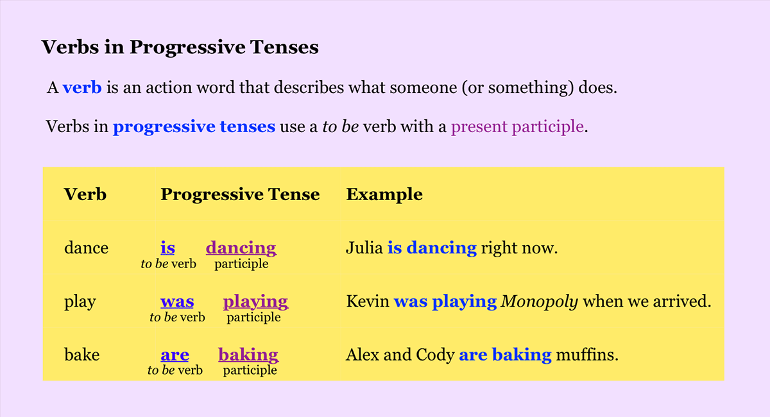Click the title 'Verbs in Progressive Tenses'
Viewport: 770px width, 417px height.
(x=180, y=47)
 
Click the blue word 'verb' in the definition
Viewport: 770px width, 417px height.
(x=82, y=87)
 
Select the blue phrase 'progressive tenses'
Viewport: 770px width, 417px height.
(x=194, y=127)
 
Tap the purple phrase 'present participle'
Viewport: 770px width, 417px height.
(x=517, y=127)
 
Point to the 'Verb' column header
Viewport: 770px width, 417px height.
(x=85, y=194)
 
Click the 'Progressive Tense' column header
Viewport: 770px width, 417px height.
(x=240, y=194)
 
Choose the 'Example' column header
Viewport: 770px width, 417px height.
(x=384, y=194)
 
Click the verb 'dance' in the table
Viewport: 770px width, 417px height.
(x=86, y=248)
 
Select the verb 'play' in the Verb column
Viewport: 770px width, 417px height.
(x=80, y=302)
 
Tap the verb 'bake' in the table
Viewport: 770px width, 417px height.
(x=82, y=354)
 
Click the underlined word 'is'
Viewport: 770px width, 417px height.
(x=167, y=248)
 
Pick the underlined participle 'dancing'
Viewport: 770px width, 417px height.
(x=241, y=248)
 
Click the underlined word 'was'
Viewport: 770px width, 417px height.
(x=177, y=302)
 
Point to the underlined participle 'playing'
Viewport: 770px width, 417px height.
(x=256, y=302)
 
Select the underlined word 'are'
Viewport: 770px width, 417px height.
(x=175, y=355)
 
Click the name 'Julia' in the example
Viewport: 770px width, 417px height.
(x=364, y=248)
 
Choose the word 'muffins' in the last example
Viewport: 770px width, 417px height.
(x=587, y=354)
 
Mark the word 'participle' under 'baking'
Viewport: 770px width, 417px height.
(x=250, y=371)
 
